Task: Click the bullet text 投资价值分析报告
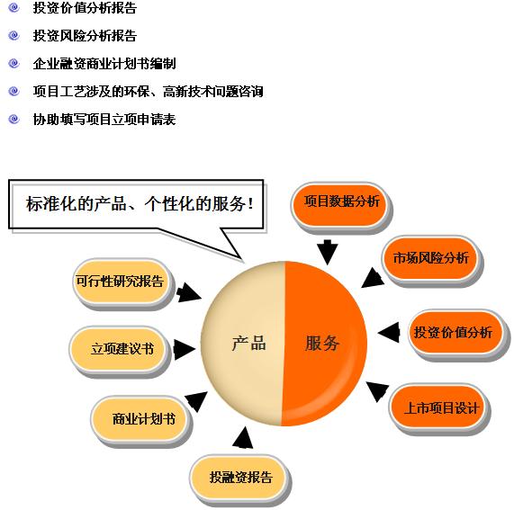click(x=85, y=8)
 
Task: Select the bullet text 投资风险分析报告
click(x=85, y=36)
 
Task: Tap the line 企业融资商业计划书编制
click(x=104, y=63)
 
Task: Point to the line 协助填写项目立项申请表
click(x=104, y=119)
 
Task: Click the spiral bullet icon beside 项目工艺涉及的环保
click(x=14, y=91)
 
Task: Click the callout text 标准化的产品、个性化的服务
click(x=140, y=204)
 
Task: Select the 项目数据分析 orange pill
click(x=340, y=205)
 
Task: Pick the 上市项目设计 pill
click(x=438, y=408)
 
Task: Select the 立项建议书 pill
click(x=119, y=350)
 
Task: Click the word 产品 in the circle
click(x=248, y=344)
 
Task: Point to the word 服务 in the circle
click(x=321, y=344)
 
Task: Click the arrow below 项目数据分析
click(x=327, y=252)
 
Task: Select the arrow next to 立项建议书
click(x=185, y=350)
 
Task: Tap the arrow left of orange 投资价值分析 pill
click(x=389, y=332)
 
